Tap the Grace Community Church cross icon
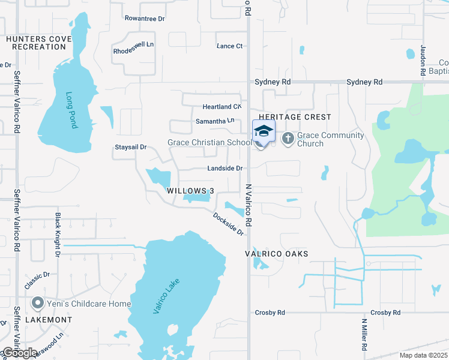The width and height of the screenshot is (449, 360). coord(288,139)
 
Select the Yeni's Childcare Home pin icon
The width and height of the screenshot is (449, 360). coord(37,304)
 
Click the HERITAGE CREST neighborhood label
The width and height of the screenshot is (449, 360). coord(295,117)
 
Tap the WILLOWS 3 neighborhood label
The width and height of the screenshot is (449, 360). coord(190,191)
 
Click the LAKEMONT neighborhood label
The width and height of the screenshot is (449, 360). coord(49,320)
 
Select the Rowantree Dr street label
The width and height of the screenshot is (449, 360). coord(145,19)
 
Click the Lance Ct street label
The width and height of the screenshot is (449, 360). coord(229,46)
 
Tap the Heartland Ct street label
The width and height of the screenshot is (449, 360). coord(221,107)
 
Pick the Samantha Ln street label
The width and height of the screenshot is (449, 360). coord(214,121)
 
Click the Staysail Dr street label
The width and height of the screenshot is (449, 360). coord(131,147)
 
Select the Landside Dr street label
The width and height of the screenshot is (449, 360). coord(224,169)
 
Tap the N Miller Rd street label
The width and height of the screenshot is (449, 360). coord(364,334)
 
